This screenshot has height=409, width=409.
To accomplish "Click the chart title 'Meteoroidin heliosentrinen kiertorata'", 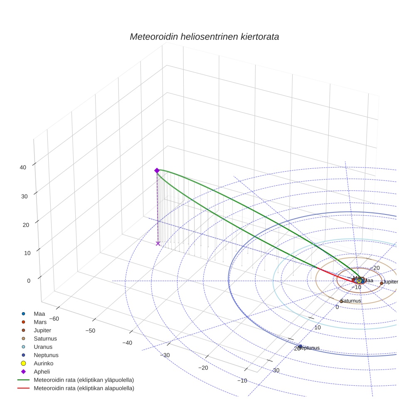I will coord(204,37).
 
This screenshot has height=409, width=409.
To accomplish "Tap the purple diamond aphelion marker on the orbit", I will coord(157,170).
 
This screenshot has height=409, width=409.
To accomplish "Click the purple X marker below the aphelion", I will coord(158,244).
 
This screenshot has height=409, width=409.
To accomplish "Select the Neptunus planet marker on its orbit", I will coord(300,347).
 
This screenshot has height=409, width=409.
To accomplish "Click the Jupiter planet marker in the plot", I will coord(382,283).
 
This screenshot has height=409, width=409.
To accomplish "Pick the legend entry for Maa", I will coord(39,313).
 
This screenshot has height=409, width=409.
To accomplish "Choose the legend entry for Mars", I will coord(40,322).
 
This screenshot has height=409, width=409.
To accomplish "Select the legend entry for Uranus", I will coord(43,347).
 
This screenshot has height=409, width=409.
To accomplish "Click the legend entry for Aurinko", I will coord(43,363).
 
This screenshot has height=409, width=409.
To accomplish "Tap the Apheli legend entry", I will coord(42,372).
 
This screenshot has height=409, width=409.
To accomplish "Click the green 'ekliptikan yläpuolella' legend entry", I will coord(84,380).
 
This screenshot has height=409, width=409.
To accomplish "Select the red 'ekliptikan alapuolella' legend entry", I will coord(84,388).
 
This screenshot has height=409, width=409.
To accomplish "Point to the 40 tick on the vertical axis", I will coord(23,168).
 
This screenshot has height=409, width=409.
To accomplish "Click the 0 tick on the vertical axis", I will coord(29,281).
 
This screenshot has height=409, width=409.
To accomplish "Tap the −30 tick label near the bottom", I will coord(165,355).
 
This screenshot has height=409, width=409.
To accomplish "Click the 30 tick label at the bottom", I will coord(276,370).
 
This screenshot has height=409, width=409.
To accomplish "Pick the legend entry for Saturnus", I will coord(45,338).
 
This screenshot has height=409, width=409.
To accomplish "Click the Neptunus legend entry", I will coord(46,355).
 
